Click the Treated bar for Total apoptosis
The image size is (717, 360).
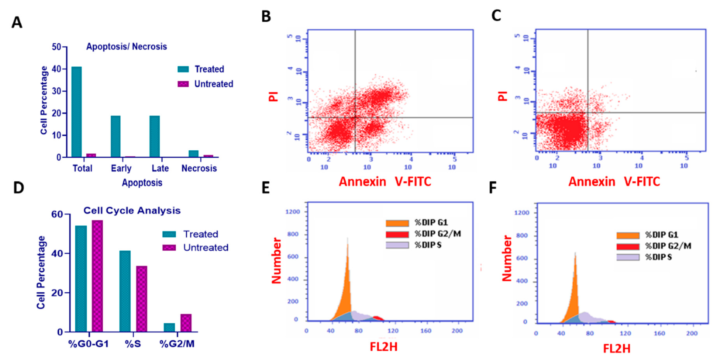(x=77, y=112)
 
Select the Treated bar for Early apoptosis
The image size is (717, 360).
(x=115, y=136)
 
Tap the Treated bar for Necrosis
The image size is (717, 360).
(x=193, y=154)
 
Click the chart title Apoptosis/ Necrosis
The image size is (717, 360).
(x=126, y=47)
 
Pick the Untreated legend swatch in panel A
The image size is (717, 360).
(x=183, y=84)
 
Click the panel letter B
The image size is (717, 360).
(x=266, y=17)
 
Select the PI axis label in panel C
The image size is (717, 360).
(x=502, y=96)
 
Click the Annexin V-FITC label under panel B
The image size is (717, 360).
(x=385, y=182)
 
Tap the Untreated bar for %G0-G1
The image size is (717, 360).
(x=97, y=276)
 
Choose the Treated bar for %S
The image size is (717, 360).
(x=125, y=291)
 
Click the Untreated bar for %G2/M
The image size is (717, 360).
(x=186, y=323)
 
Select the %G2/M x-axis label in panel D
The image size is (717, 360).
(x=177, y=344)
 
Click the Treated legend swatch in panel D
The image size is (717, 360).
(x=169, y=234)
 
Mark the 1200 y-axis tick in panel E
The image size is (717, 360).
(x=292, y=212)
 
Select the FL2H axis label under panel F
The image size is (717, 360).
(x=617, y=348)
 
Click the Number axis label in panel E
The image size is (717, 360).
(x=276, y=260)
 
